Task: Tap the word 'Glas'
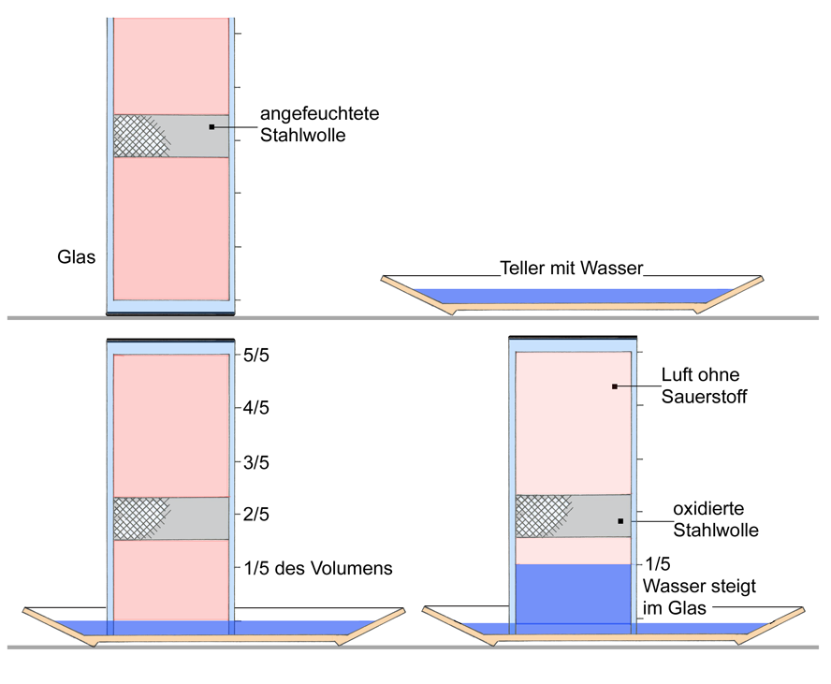77,256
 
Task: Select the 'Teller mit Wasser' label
572,269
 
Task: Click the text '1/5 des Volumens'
318,567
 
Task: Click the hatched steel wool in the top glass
138,136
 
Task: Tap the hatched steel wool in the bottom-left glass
138,518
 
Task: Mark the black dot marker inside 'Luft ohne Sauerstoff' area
614,386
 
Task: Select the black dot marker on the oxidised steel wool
620,520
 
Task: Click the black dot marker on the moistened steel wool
212,126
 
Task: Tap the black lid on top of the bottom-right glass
572,337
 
